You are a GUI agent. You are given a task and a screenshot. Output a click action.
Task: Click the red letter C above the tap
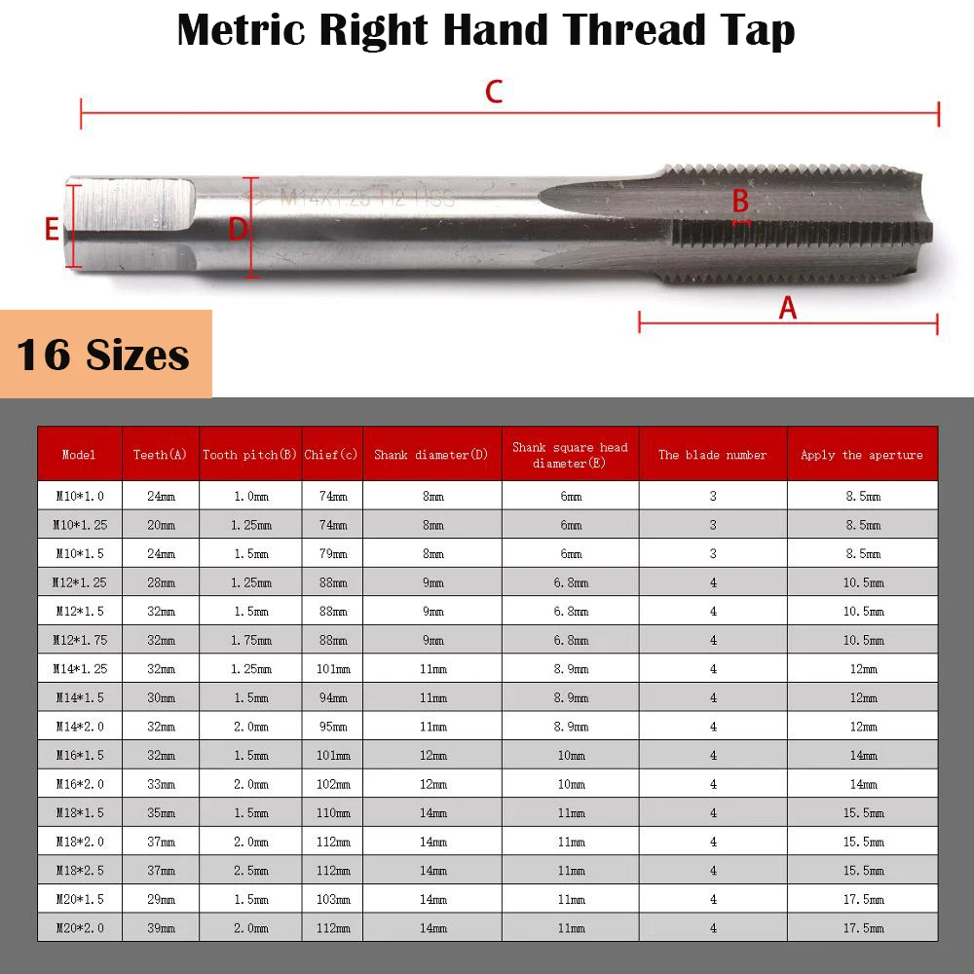tap(494, 93)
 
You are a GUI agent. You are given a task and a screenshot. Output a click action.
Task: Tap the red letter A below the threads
tap(787, 308)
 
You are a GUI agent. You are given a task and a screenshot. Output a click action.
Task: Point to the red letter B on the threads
tap(740, 202)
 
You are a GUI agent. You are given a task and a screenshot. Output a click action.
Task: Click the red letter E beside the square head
tap(53, 230)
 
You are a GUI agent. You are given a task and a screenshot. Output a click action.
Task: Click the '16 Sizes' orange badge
tap(104, 355)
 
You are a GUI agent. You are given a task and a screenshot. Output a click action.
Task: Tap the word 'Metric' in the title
tap(242, 30)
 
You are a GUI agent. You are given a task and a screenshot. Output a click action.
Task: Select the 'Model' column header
tap(79, 455)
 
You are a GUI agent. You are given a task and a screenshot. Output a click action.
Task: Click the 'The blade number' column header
tap(712, 455)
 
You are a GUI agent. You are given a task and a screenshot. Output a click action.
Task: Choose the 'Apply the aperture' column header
tap(861, 455)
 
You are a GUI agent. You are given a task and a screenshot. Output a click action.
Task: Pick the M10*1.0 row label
tap(79, 496)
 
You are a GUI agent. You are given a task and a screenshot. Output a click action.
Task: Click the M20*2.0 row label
tap(79, 928)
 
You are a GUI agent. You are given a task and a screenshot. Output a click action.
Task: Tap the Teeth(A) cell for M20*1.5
tap(160, 899)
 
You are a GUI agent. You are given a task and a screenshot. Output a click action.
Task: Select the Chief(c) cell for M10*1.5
tap(332, 553)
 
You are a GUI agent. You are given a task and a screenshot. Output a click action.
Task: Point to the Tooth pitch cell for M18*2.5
tap(250, 871)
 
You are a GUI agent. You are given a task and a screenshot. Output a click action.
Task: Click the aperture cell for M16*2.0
tap(862, 784)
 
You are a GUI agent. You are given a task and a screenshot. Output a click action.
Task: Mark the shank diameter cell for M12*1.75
tap(431, 640)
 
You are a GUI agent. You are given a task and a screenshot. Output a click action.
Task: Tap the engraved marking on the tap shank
tap(367, 198)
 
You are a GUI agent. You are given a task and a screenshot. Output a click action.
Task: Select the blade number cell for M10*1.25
tap(712, 525)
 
